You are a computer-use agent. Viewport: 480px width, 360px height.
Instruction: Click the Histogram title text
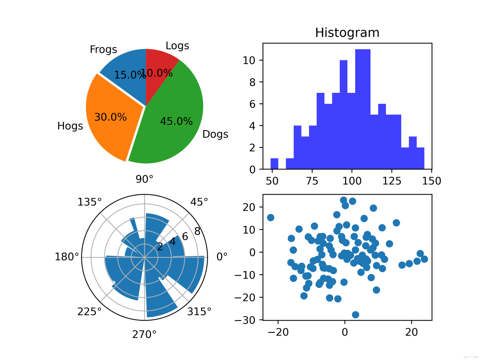pyautogui.click(x=347, y=32)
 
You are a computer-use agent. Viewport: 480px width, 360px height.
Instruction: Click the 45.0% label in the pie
pyautogui.click(x=176, y=121)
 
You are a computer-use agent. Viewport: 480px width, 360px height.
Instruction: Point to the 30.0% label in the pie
pyautogui.click(x=110, y=117)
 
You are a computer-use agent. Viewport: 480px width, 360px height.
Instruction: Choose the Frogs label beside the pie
pyautogui.click(x=103, y=49)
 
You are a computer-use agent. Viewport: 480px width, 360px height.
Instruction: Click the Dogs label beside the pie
pyautogui.click(x=215, y=134)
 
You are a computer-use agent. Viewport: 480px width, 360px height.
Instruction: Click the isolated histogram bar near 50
pyautogui.click(x=274, y=163)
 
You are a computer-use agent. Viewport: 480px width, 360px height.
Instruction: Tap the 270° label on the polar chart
pyautogui.click(x=144, y=334)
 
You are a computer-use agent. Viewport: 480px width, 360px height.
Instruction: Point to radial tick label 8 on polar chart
pyautogui.click(x=197, y=231)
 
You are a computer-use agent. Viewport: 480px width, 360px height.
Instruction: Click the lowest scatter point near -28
pyautogui.click(x=356, y=315)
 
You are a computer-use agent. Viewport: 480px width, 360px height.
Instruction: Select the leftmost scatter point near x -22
pyautogui.click(x=270, y=218)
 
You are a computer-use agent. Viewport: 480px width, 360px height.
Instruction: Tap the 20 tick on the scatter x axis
pyautogui.click(x=411, y=332)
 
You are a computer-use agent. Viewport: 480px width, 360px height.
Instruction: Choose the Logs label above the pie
pyautogui.click(x=177, y=46)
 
